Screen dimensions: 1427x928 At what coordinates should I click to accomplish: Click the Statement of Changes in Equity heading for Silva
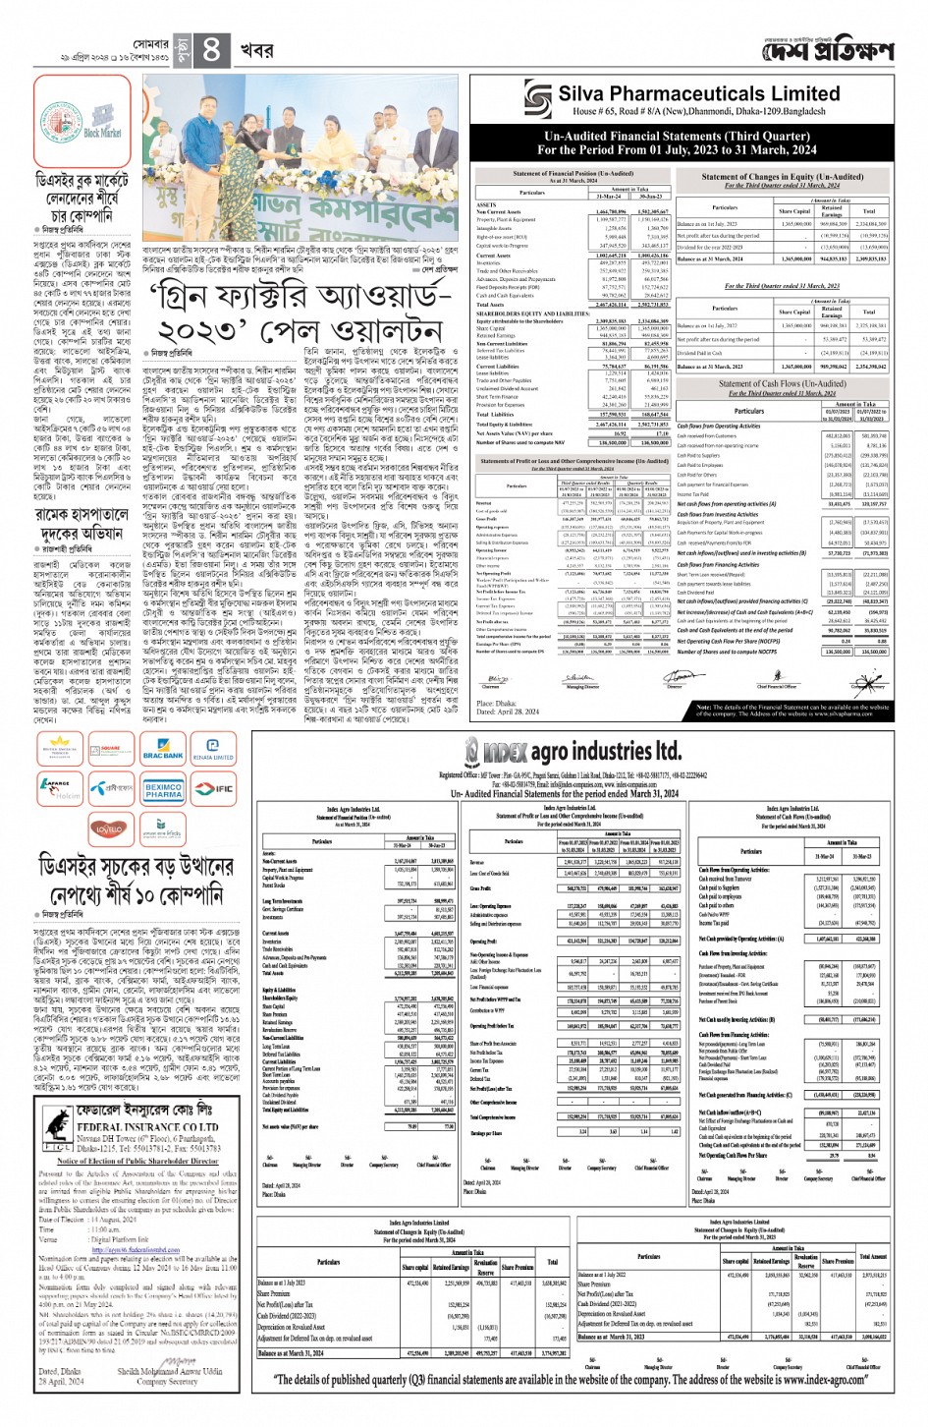click(783, 177)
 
